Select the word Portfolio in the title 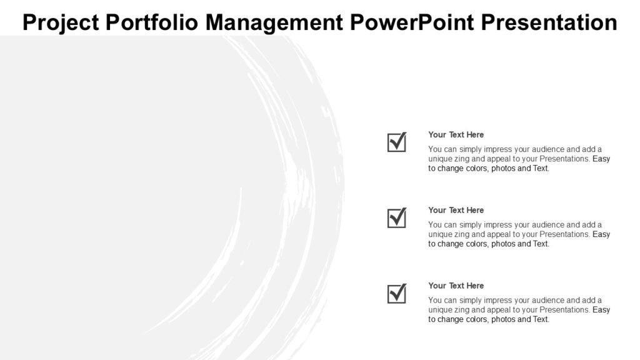click(152, 22)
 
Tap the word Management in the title click(274, 22)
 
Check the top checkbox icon click(397, 142)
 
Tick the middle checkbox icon click(397, 218)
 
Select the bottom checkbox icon click(397, 294)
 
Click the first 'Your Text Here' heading click(456, 134)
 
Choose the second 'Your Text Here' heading click(456, 210)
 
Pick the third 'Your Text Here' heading click(456, 286)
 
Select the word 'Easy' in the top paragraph click(601, 159)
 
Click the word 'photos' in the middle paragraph click(504, 244)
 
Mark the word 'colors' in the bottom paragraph click(474, 319)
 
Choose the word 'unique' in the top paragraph click(440, 159)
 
